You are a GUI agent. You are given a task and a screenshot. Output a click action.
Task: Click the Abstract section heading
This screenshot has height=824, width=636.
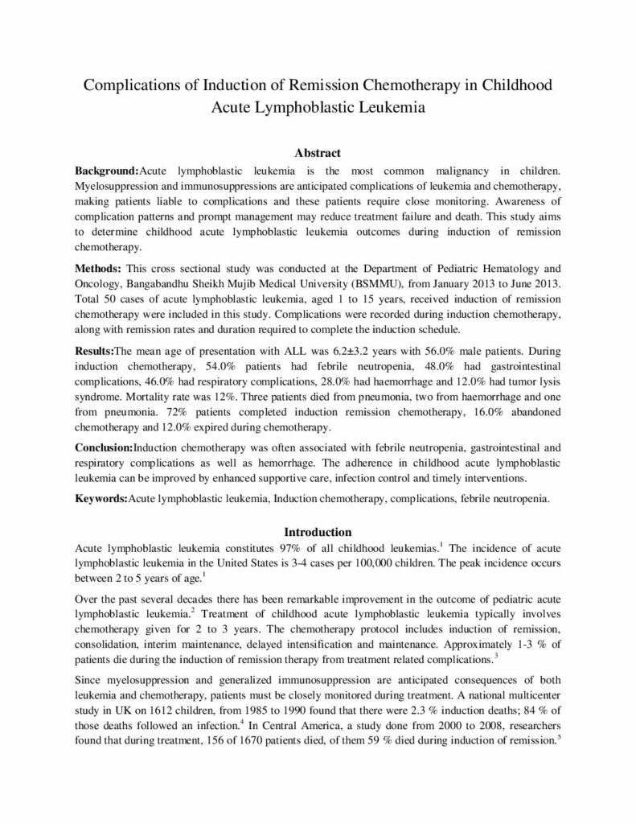[318, 152]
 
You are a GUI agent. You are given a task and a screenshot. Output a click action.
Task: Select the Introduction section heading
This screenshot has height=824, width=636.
[318, 532]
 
